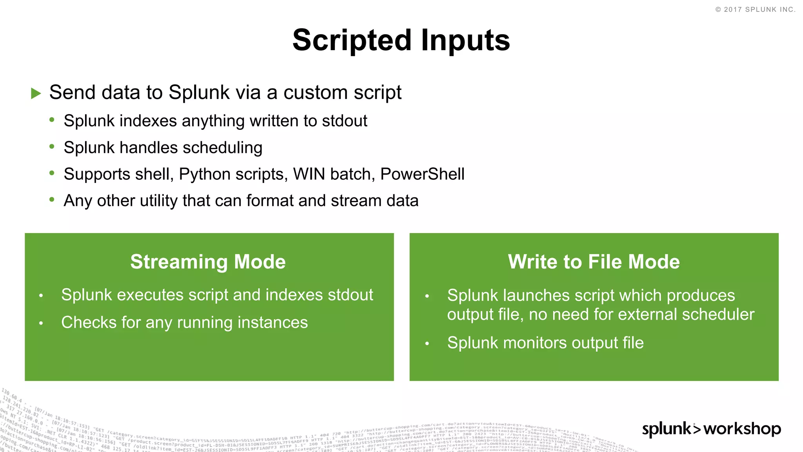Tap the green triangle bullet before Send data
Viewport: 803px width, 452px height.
pos(36,93)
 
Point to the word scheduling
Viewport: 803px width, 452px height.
pos(222,148)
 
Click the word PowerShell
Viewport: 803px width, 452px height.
pos(422,174)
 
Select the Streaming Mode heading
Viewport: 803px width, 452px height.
pos(208,262)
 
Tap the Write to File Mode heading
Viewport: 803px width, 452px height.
pos(594,262)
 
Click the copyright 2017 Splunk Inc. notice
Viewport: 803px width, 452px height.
pos(755,9)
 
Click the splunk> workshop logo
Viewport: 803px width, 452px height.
pos(711,429)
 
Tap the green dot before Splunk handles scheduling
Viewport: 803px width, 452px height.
pos(52,146)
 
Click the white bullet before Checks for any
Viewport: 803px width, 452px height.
pos(41,323)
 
